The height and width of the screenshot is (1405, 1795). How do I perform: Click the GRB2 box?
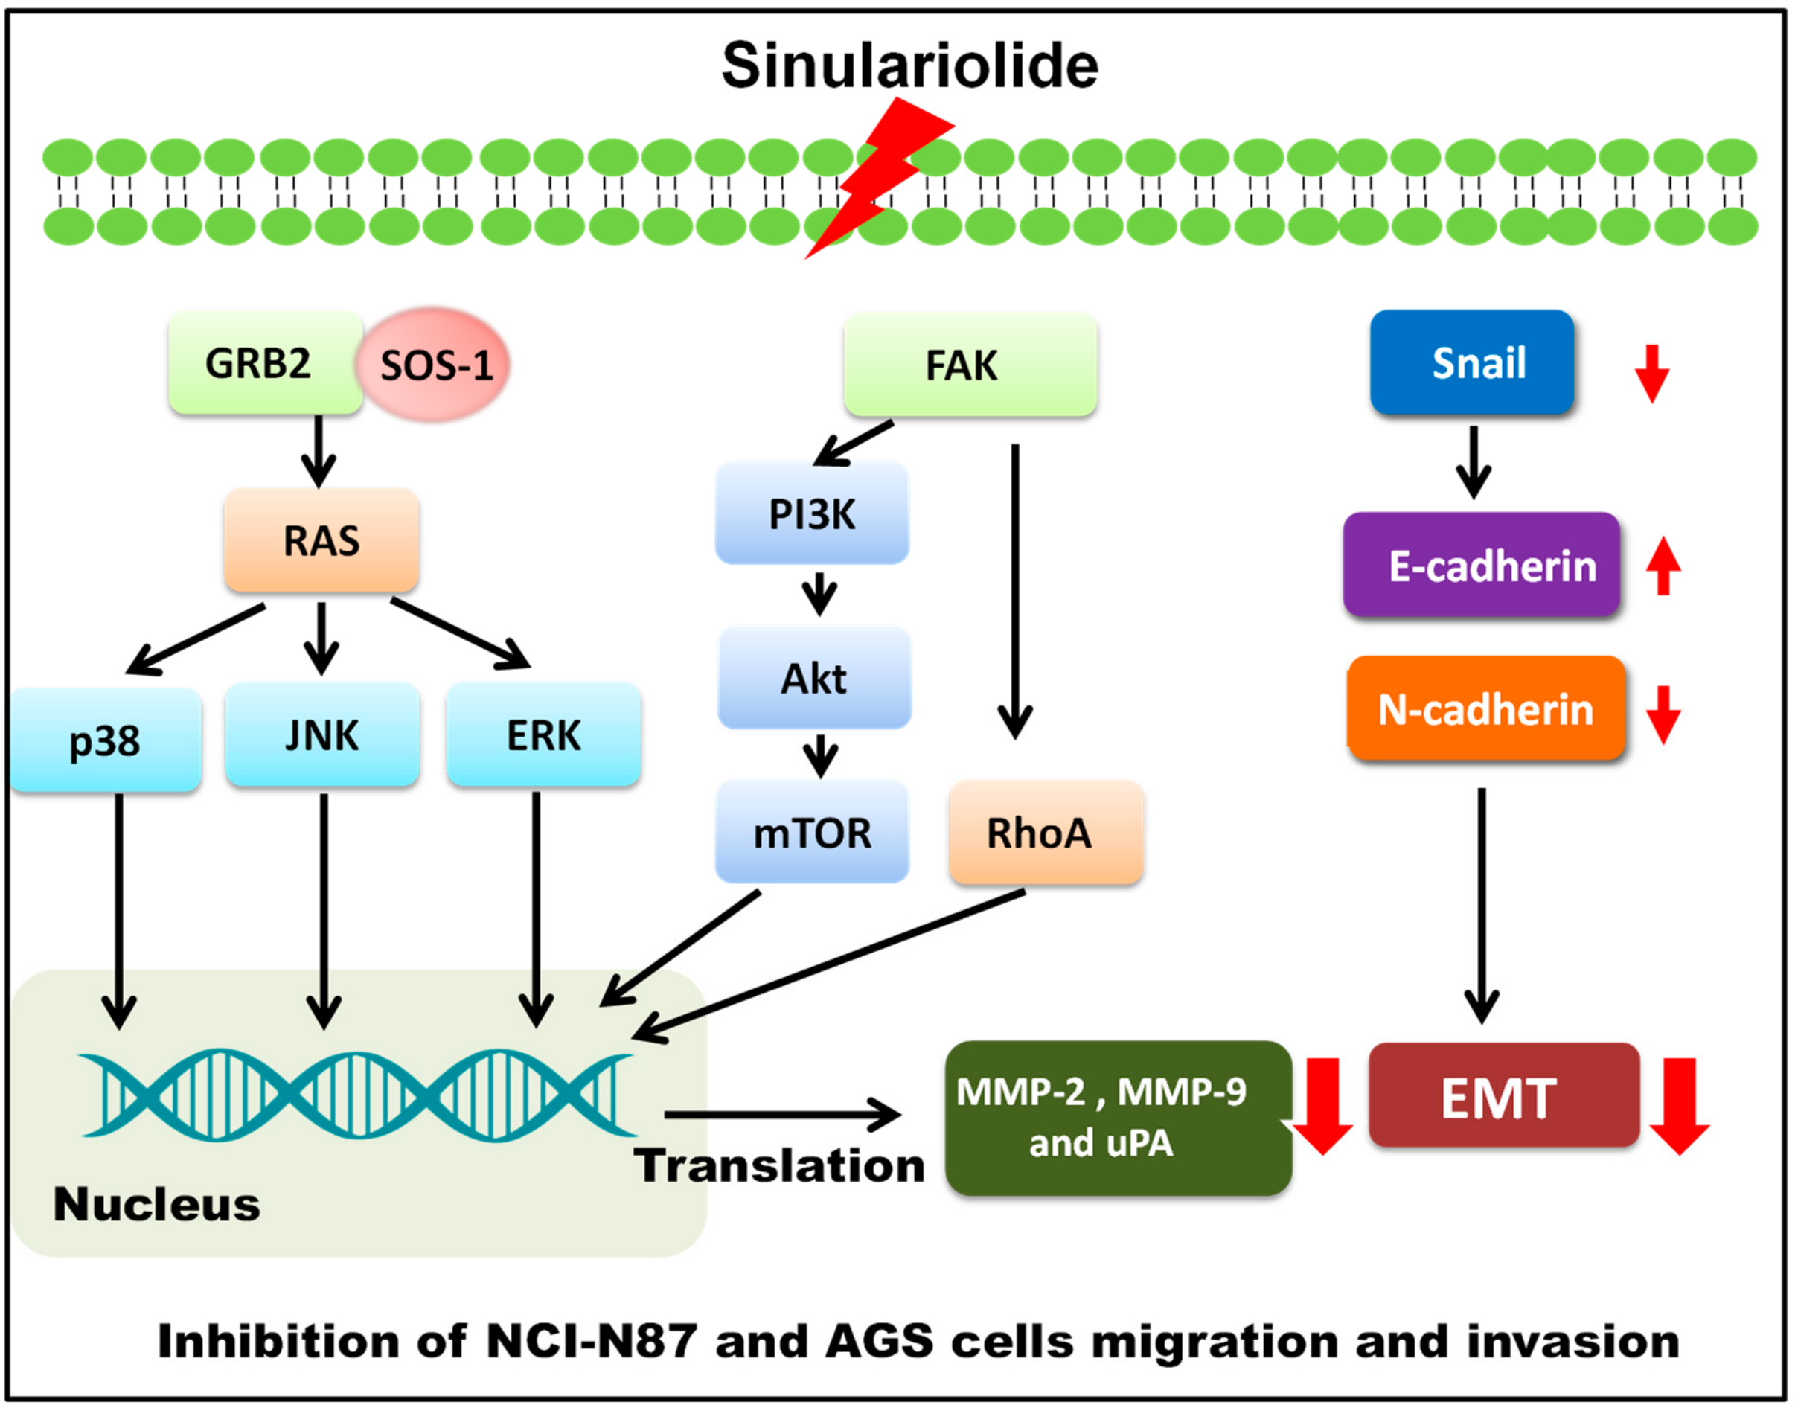click(266, 362)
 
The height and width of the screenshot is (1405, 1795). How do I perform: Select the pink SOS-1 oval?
click(432, 365)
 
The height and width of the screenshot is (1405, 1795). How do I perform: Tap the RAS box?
click(321, 540)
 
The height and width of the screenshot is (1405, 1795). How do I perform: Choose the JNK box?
click(322, 734)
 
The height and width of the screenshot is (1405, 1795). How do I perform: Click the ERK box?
click(544, 734)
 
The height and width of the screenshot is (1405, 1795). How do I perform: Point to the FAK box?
click(970, 365)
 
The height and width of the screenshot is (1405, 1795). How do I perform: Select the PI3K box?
click(813, 513)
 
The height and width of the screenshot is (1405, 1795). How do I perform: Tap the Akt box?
click(814, 678)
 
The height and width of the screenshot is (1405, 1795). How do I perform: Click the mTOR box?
click(813, 832)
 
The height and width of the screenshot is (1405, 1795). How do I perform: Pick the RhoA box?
click(1046, 833)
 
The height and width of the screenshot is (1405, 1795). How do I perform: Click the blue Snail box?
click(1473, 362)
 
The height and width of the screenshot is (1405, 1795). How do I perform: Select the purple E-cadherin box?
click(1482, 564)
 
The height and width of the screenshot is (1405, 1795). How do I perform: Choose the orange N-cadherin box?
click(1486, 708)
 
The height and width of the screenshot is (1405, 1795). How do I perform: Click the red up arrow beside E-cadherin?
click(1663, 566)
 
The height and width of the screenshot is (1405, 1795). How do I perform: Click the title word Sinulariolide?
click(910, 65)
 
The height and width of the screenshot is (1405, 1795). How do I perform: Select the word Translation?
click(779, 1165)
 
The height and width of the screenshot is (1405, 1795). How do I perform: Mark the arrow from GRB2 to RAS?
click(319, 452)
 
